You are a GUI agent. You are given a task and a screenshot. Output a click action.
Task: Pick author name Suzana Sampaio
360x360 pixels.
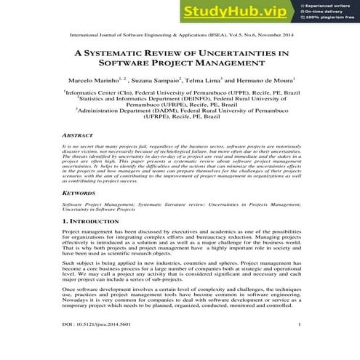(x=155, y=79)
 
